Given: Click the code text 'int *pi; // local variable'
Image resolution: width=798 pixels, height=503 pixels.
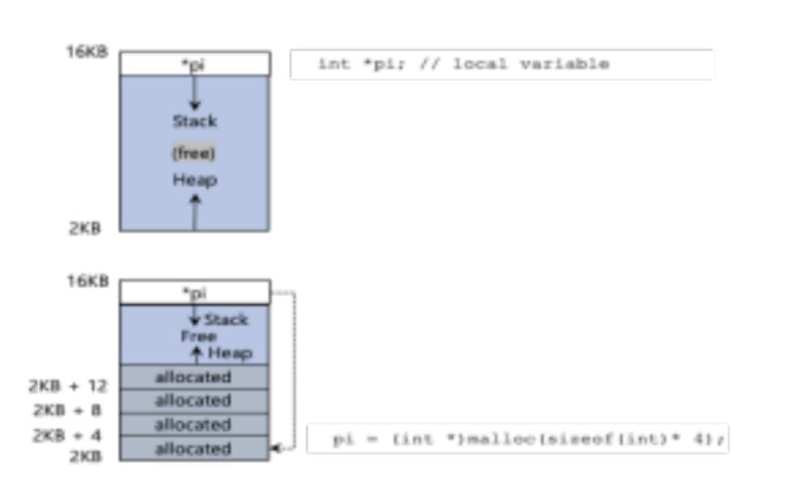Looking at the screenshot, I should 462,64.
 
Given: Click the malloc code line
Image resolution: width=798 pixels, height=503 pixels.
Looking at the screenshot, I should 530,440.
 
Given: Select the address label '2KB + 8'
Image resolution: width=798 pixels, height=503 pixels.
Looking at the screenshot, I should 67,411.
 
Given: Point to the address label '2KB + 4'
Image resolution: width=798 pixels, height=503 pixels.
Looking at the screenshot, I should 67,436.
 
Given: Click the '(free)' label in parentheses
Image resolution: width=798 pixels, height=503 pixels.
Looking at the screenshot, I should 194,153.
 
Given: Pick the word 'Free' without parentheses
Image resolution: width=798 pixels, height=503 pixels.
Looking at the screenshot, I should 198,336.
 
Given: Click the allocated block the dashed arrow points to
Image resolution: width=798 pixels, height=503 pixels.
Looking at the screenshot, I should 193,449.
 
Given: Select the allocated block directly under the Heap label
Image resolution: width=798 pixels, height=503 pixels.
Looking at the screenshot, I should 193,377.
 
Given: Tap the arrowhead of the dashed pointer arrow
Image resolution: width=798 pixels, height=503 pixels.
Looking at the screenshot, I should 277,447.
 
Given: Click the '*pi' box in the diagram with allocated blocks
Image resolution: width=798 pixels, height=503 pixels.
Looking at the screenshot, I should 194,292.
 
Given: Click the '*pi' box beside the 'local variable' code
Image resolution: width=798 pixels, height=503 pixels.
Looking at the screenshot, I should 194,64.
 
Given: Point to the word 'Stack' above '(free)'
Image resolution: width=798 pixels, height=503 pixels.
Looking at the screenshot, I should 195,122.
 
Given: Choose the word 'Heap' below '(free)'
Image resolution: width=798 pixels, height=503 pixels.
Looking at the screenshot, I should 195,180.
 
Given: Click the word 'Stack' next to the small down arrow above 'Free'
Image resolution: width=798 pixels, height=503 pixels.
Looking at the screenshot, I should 225,320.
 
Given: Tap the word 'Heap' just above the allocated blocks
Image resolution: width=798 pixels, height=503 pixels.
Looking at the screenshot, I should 230,353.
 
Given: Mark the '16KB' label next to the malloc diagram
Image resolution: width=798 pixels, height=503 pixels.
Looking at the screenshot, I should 87,282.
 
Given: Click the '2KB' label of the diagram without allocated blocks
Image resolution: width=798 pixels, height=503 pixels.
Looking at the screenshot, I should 84,229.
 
